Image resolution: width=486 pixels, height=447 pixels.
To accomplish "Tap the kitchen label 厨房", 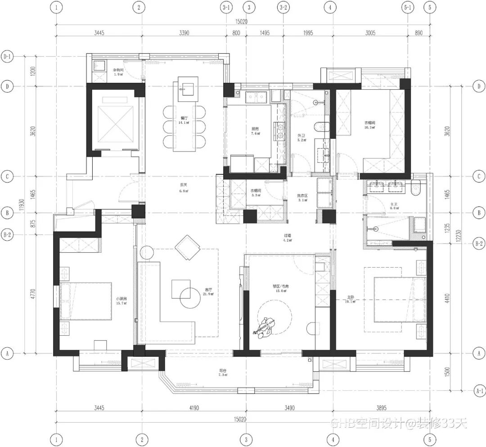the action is pyautogui.click(x=255, y=128).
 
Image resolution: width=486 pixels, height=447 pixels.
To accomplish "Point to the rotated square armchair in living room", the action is pyautogui.click(x=188, y=247).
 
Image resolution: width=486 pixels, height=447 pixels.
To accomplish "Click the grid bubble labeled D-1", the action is pyautogui.click(x=7, y=57).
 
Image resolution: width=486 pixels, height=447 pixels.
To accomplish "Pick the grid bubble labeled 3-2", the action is pyautogui.click(x=283, y=7).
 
